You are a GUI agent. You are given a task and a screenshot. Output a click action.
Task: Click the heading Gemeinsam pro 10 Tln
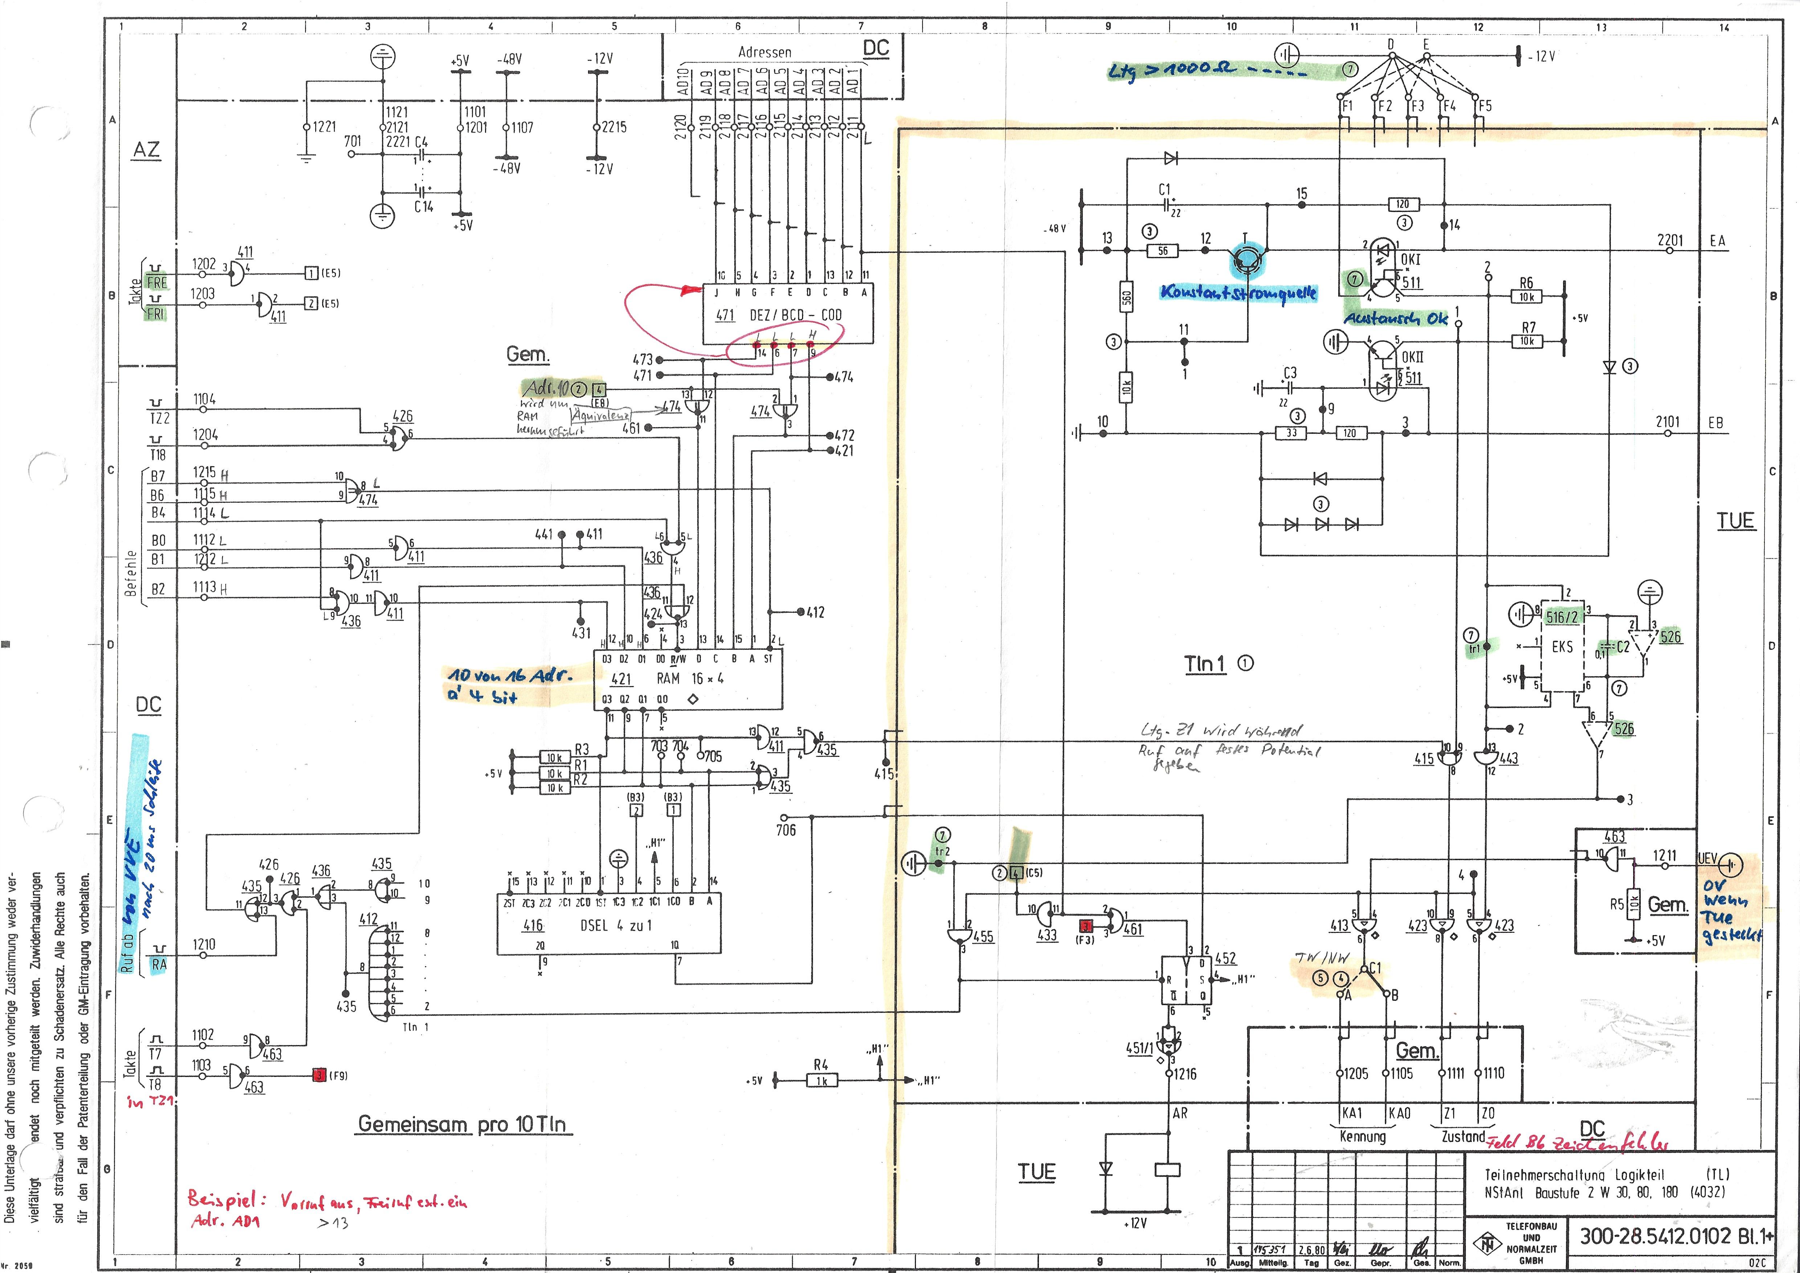(x=462, y=1124)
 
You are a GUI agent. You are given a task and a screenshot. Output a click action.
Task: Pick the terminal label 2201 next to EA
(x=1670, y=241)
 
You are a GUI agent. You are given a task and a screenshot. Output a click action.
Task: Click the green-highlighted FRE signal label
(x=157, y=282)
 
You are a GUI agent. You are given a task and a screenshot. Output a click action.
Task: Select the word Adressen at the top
(x=764, y=52)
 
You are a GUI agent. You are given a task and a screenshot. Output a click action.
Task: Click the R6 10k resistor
(x=1526, y=297)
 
